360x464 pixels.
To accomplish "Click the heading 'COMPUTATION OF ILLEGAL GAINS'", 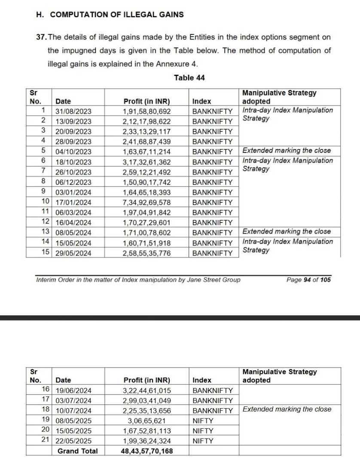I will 116,15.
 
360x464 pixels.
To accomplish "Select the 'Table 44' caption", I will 189,78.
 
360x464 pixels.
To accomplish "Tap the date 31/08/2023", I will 73,111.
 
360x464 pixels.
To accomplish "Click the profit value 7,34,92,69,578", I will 147,202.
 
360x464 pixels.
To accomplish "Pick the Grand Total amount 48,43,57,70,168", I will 147,451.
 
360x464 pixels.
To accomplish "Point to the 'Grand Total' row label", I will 77,451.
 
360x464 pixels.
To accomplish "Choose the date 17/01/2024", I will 73,202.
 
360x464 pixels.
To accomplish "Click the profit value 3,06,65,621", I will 147,421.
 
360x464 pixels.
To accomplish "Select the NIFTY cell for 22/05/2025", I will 203,441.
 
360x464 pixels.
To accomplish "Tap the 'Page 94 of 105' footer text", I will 308,280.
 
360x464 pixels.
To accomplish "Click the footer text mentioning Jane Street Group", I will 138,280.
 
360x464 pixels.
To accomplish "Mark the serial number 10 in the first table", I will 46,201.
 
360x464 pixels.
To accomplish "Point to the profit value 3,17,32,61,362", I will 147,162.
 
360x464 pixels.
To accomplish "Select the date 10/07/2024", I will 73,410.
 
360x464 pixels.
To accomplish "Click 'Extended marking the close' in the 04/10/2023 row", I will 287,150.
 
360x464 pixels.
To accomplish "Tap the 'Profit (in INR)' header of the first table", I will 147,102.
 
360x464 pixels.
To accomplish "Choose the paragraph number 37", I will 42,38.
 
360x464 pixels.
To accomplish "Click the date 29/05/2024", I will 73,253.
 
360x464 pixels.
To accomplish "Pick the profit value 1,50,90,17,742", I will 147,182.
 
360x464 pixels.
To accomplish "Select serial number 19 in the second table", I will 46,419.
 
